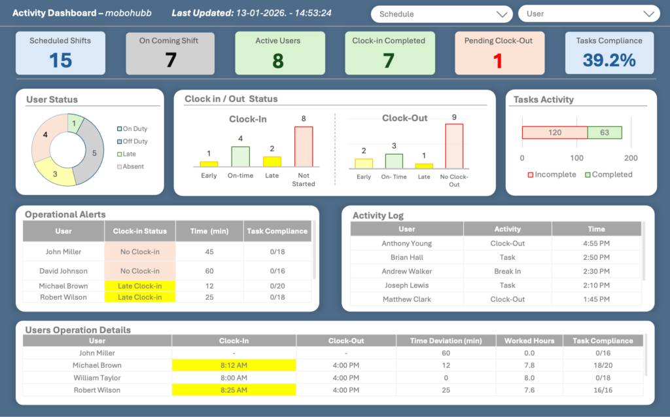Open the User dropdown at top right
tap(588, 14)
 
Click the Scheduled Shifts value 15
tap(60, 60)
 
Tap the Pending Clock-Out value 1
tap(498, 60)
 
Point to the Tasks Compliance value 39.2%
tap(609, 60)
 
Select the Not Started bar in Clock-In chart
tap(304, 147)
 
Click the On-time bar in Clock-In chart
tap(240, 156)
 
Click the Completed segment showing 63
tap(605, 133)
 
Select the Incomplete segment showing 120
tap(555, 133)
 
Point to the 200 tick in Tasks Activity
tap(631, 158)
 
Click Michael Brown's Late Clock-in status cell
tap(140, 286)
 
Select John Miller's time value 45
tap(209, 252)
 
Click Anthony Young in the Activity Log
tap(406, 244)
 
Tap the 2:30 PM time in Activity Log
tap(596, 271)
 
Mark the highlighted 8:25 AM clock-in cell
tap(234, 390)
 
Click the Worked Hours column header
tap(529, 341)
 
